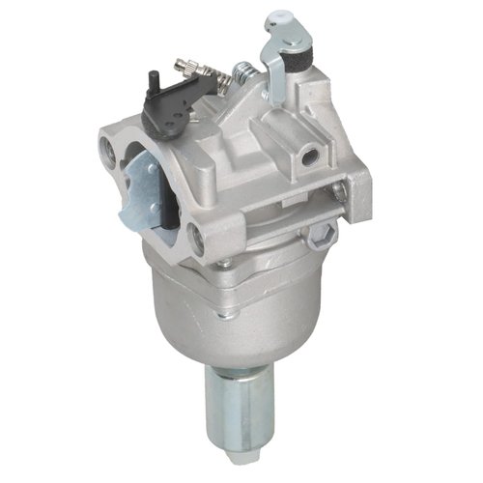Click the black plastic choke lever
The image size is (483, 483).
point(169,107)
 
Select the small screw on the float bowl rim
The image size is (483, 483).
point(225,264)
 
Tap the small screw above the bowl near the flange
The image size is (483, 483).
point(225,264)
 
